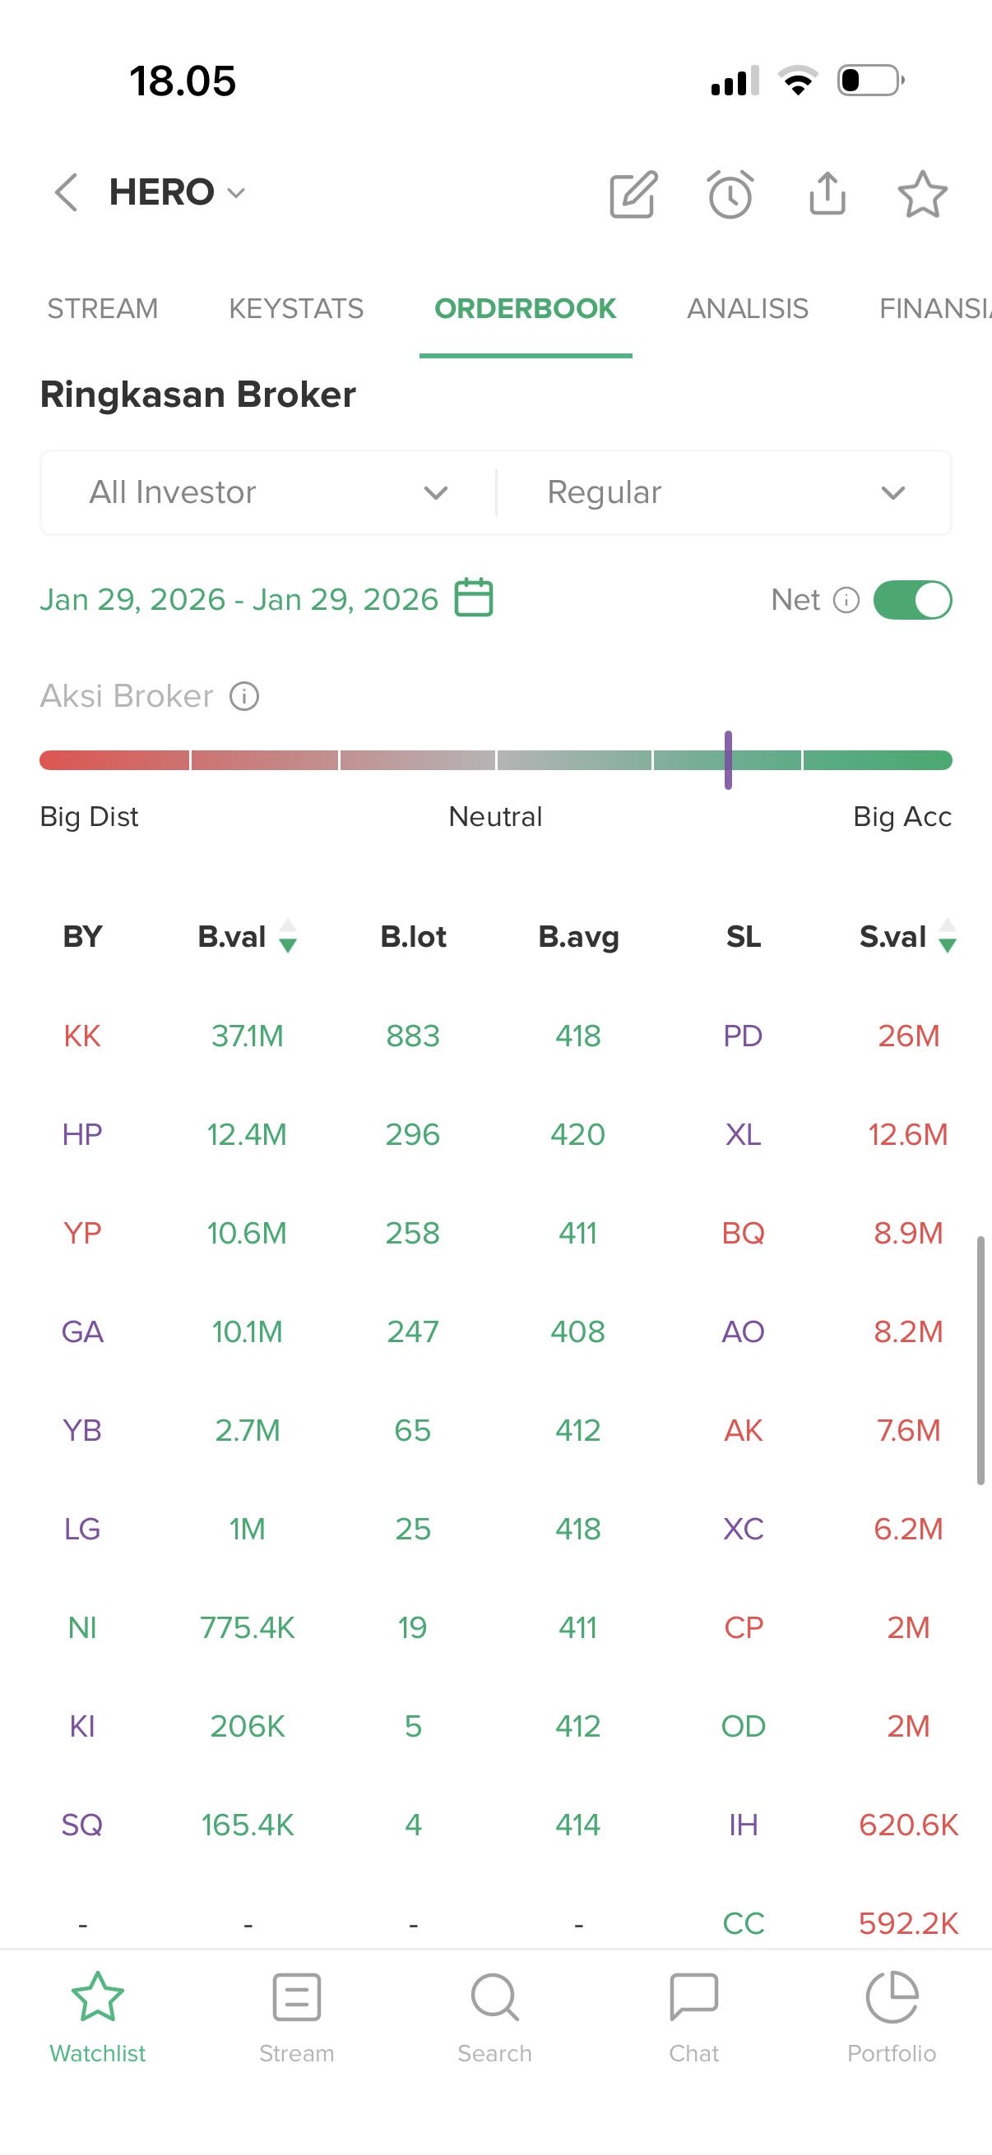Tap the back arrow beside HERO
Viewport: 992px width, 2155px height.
(x=66, y=192)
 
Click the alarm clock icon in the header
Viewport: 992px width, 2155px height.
(x=730, y=194)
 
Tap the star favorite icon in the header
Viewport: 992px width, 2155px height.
(x=922, y=194)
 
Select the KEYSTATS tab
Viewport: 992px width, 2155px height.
(x=295, y=309)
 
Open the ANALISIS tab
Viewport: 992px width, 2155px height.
(x=747, y=309)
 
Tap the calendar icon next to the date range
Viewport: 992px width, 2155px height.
(x=473, y=598)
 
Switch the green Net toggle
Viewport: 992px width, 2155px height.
(x=911, y=600)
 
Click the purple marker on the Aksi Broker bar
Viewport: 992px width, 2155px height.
(x=728, y=759)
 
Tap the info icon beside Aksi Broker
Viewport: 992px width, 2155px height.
(x=244, y=696)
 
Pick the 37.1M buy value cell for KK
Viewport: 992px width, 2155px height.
(x=247, y=1036)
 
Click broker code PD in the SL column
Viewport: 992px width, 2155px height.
(x=743, y=1036)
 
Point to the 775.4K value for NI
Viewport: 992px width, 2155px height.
(x=247, y=1627)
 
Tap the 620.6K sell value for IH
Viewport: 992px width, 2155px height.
(x=908, y=1825)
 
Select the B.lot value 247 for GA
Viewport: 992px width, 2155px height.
(x=413, y=1331)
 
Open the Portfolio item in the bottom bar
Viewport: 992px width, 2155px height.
(x=892, y=2017)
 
